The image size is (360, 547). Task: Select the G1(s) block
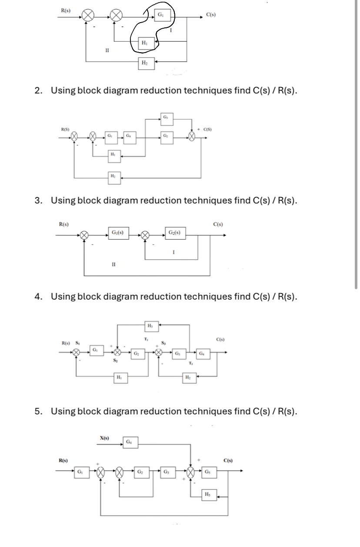click(117, 232)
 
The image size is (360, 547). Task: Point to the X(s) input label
click(105, 439)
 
